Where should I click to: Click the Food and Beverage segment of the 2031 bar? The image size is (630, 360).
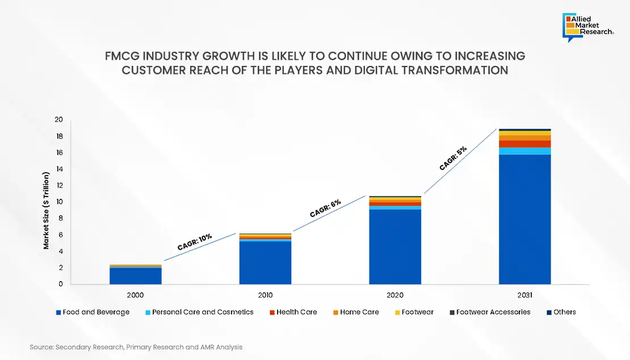coord(524,219)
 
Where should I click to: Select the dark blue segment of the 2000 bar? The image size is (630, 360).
coord(135,275)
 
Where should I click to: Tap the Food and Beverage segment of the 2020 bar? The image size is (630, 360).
coord(395,246)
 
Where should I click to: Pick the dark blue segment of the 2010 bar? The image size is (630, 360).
coord(265,262)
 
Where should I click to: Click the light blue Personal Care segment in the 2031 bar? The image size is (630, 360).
coord(524,150)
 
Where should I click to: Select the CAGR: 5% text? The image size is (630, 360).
coord(453,158)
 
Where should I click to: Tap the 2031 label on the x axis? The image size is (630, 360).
coord(524,295)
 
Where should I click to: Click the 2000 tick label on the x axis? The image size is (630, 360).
coord(135,295)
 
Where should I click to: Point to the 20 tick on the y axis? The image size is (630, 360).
coord(58,120)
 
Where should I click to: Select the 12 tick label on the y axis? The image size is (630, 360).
coord(58,186)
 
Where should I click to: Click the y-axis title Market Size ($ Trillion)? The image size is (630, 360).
coord(46,214)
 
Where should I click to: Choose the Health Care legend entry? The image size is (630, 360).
coord(293,312)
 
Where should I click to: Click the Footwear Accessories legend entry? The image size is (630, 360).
coord(489,312)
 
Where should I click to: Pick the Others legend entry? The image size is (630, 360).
coord(561,312)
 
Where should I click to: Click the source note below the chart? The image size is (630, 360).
coord(136,346)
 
